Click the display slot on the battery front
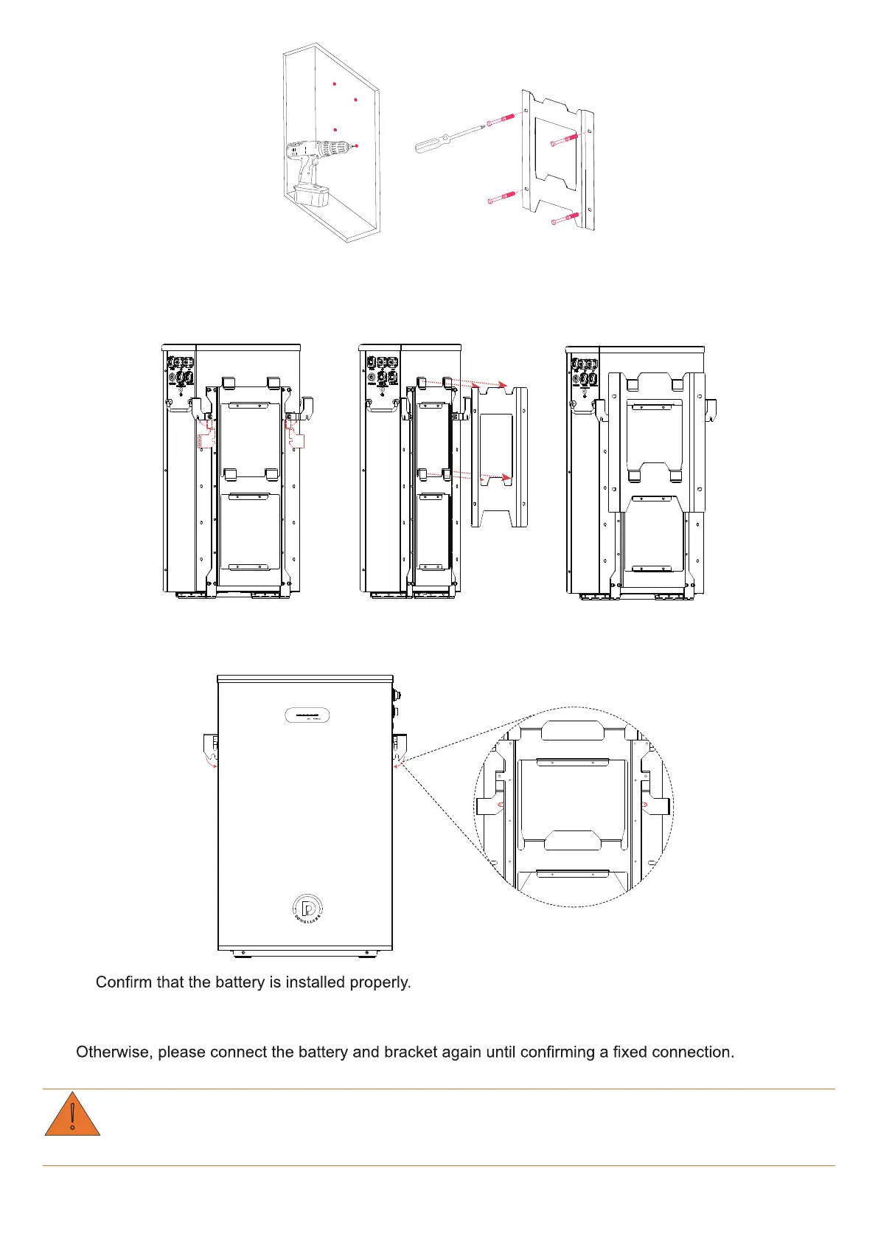307,715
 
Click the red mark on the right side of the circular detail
645,805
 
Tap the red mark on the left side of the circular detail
501,805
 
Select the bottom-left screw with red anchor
501,198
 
